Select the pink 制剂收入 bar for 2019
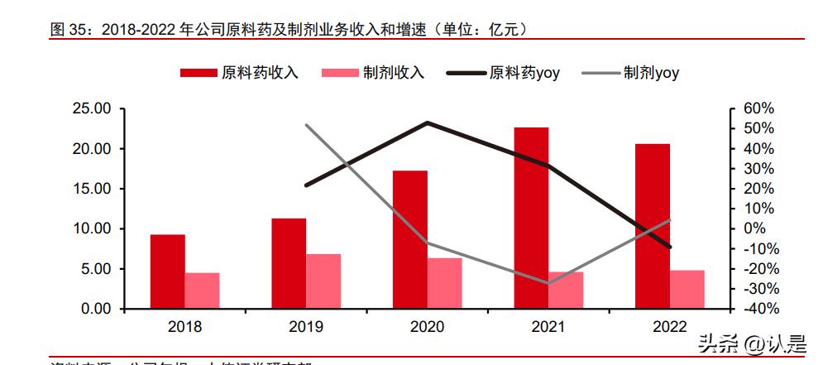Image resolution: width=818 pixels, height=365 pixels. [x=323, y=281]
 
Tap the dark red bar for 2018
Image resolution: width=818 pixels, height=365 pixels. [x=167, y=271]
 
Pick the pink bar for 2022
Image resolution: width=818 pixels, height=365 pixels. [x=687, y=289]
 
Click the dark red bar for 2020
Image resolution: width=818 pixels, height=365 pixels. [x=410, y=239]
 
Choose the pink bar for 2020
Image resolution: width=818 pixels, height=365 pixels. [x=445, y=283]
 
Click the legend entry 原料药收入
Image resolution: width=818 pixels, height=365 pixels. [x=240, y=73]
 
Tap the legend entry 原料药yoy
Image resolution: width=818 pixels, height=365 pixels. [x=504, y=73]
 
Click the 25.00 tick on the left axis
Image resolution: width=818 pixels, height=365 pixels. [x=92, y=109]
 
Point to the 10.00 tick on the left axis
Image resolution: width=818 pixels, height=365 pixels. [x=92, y=228]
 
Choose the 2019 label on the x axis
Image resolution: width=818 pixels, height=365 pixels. [x=306, y=327]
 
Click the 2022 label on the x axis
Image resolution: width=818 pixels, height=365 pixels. [x=670, y=327]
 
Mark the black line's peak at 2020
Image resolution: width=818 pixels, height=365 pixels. [x=428, y=122]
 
